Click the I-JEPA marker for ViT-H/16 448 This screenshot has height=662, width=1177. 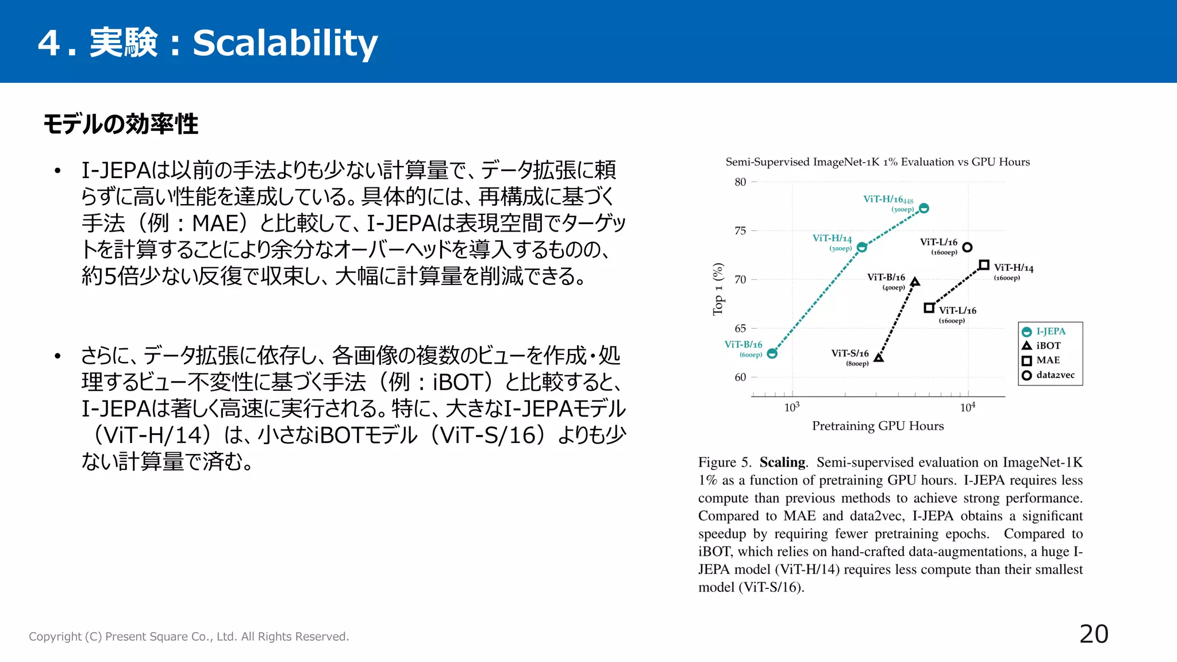coord(924,208)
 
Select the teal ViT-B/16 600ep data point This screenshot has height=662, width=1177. coord(772,353)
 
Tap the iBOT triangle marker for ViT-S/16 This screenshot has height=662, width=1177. coord(879,358)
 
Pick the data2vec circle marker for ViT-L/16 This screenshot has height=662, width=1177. coord(967,247)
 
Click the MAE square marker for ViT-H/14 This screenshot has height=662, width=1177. coord(984,265)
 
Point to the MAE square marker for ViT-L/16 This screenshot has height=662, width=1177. coord(929,308)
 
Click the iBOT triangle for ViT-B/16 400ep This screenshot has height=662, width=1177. coord(916,282)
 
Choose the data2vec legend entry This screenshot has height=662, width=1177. coord(1048,375)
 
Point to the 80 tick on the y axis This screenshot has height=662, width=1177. coord(740,182)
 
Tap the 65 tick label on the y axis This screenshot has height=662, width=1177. coord(740,329)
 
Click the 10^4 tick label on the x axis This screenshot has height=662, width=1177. coord(967,407)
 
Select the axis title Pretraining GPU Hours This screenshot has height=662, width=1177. coord(878,426)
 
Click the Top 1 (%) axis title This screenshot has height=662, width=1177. coord(718,289)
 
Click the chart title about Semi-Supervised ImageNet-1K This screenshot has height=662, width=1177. coord(878,162)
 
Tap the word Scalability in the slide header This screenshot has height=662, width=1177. coord(285,43)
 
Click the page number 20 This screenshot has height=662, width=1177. coord(1094,634)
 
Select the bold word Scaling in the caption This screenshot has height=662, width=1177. coord(782,462)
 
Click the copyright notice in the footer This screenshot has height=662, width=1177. coord(189,636)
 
